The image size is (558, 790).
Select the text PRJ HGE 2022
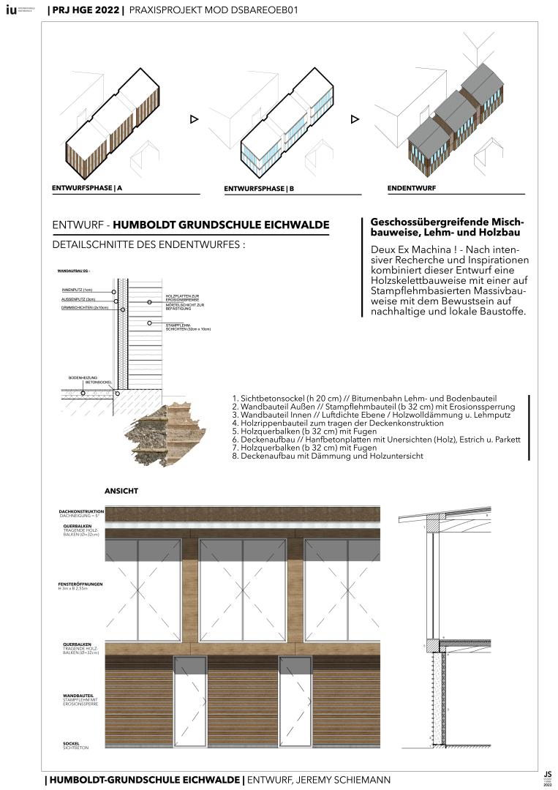tap(84, 11)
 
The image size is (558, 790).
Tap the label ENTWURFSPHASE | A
tap(87, 188)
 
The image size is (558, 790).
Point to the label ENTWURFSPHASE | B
tap(259, 189)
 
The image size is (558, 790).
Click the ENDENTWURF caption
tap(412, 188)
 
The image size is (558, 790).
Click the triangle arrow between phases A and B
tap(195, 119)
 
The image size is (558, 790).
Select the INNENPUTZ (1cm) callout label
tap(78, 290)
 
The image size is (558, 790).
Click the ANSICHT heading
tap(121, 490)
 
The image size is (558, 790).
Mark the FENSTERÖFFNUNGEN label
tap(80, 584)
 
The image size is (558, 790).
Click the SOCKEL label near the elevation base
tap(72, 743)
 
